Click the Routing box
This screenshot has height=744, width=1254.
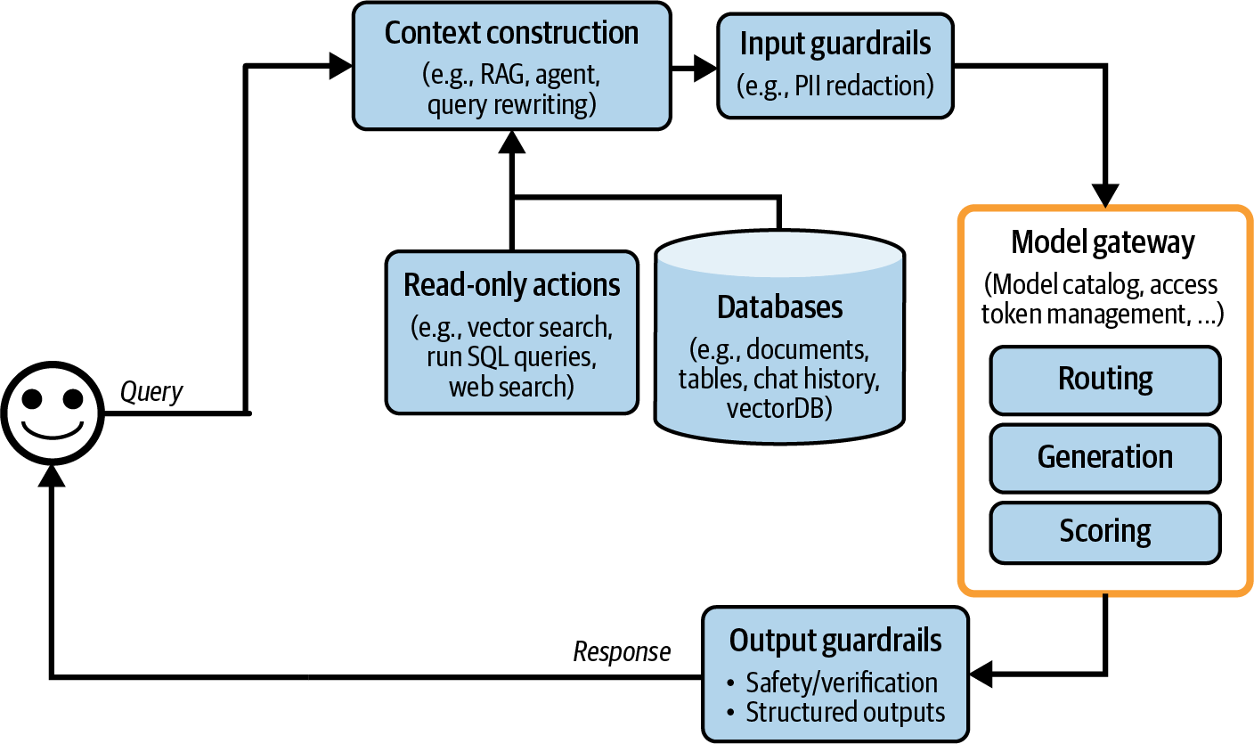1104,380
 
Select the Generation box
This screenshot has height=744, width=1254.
1104,457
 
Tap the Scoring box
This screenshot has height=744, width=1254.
1104,532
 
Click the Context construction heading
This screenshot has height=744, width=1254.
511,34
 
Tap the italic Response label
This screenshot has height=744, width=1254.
621,652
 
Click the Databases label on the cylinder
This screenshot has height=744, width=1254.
779,308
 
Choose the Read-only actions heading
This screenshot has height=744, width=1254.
511,285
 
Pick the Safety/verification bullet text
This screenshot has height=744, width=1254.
841,683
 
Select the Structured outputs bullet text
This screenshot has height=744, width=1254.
844,713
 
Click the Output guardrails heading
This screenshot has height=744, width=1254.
835,641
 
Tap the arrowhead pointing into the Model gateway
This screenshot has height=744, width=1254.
1105,196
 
